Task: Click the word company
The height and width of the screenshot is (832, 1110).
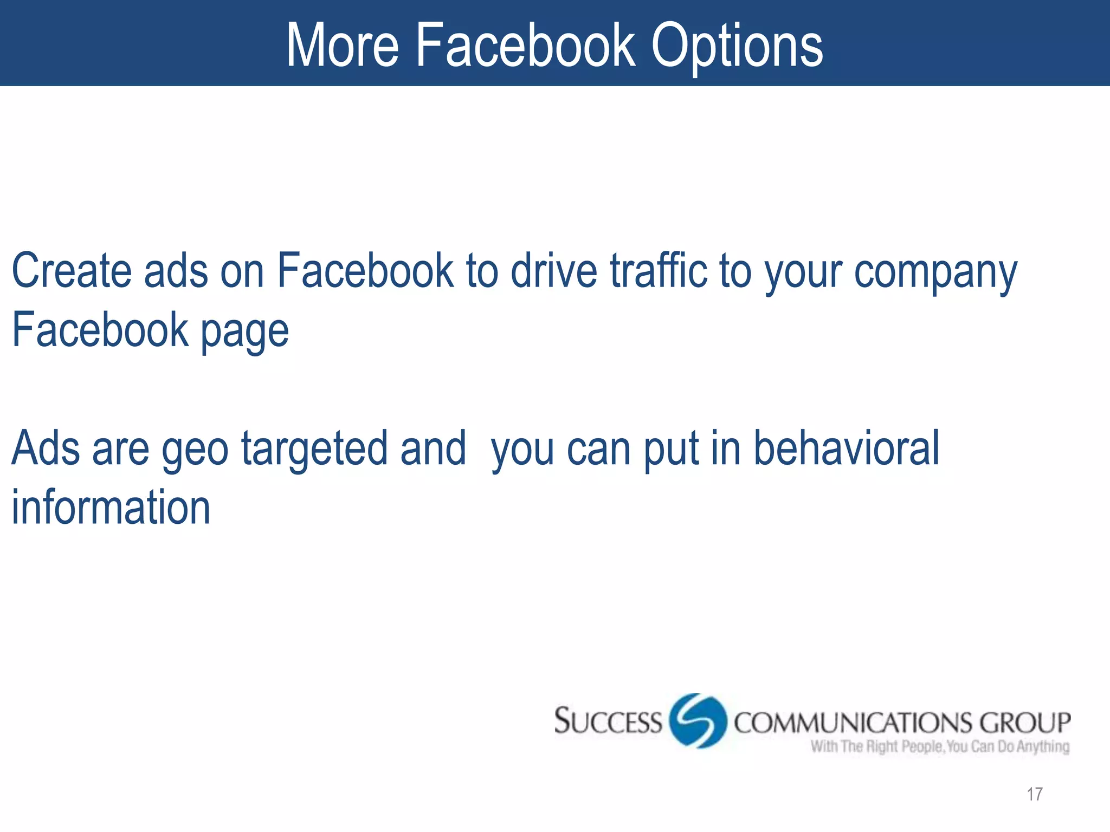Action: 935,272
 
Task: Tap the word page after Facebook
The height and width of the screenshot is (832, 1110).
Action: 245,332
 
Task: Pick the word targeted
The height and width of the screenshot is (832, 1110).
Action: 314,450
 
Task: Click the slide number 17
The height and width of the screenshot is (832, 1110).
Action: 1034,794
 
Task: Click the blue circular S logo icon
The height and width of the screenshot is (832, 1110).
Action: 698,721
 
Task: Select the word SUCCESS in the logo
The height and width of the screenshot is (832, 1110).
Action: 608,721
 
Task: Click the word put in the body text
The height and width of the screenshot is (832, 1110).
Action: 670,450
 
